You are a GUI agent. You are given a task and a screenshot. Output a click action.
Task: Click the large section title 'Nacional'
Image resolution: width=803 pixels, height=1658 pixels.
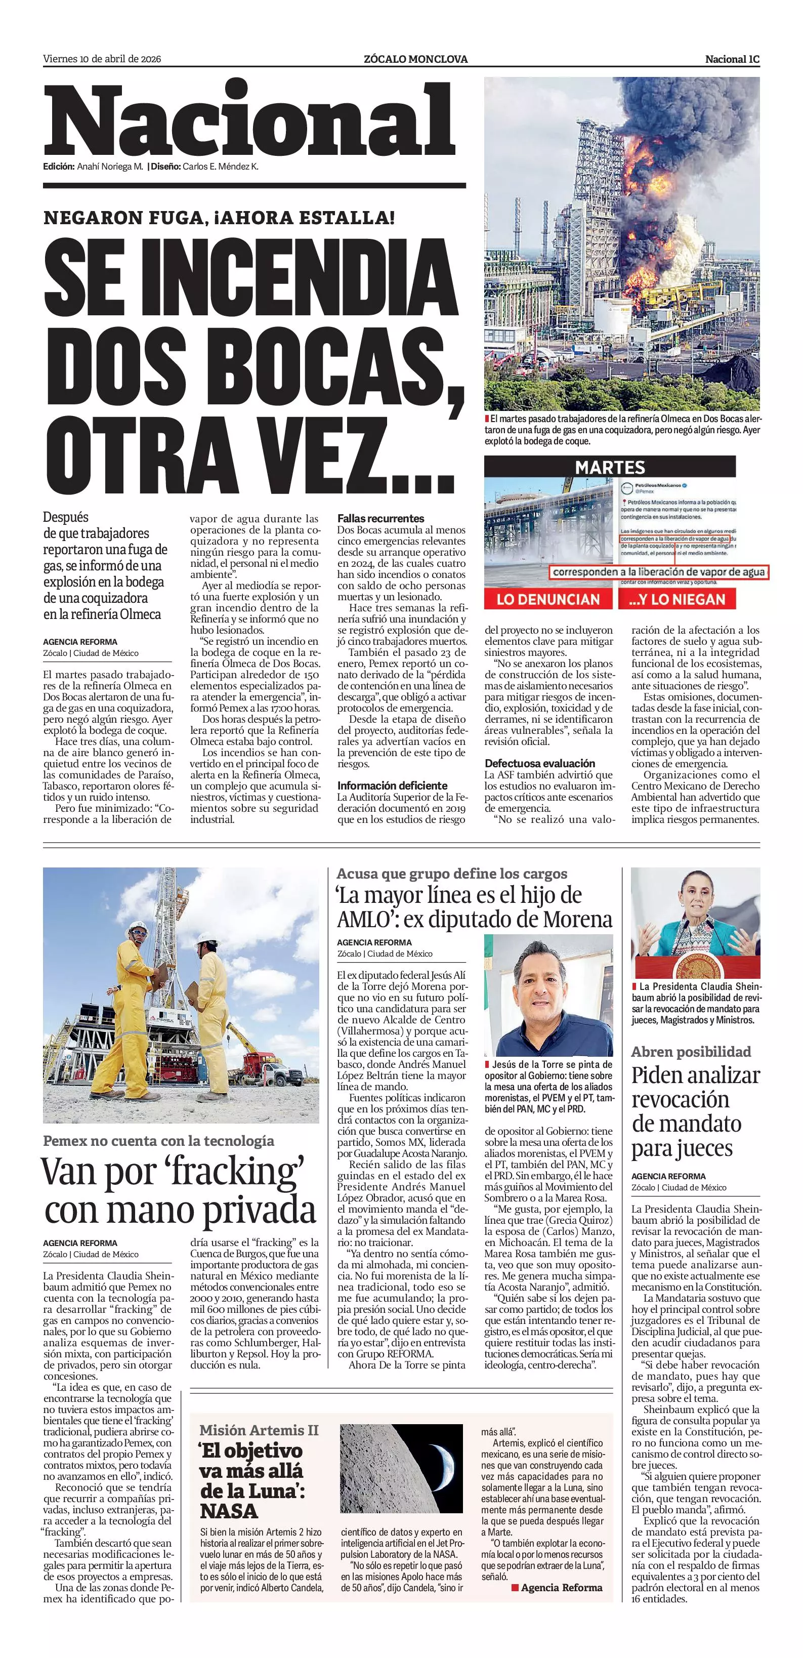[249, 122]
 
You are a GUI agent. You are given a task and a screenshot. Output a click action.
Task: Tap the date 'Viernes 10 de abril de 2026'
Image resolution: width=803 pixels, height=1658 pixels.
[102, 59]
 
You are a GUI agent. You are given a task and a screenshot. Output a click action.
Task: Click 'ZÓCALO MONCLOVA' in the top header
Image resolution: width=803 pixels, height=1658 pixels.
[415, 59]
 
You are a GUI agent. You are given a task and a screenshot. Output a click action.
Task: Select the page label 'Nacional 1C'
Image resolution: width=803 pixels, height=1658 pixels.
[732, 59]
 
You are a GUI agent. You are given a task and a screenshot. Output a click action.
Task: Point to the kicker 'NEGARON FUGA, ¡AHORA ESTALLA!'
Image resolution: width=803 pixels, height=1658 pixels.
[219, 218]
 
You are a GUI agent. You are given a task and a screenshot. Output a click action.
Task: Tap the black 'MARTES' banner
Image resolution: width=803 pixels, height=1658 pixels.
[609, 467]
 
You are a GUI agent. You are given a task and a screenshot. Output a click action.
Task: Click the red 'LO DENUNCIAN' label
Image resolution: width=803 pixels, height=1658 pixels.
[548, 599]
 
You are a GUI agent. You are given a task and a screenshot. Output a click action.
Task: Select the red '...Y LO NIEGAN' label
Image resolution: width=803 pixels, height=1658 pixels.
[677, 599]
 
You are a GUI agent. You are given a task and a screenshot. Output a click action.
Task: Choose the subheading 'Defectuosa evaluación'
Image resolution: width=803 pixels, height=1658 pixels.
[540, 763]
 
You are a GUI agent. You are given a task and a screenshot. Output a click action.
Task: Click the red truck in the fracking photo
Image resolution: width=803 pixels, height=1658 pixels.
[258, 1065]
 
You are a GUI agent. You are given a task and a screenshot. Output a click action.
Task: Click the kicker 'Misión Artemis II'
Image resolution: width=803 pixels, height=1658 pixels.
[259, 1430]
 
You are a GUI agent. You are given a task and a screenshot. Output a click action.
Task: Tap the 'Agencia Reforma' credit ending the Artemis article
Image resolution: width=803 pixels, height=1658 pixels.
[561, 1587]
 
